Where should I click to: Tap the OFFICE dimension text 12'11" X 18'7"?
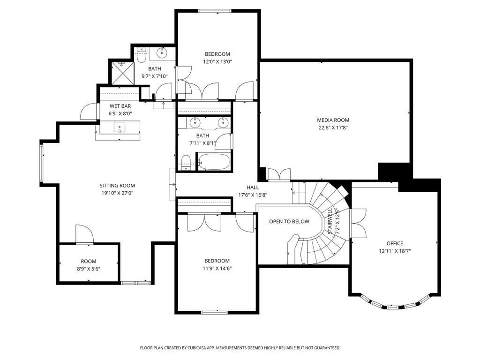[395, 251]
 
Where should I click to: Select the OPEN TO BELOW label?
[289, 221]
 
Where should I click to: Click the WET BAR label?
[120, 106]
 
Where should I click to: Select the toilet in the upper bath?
[141, 55]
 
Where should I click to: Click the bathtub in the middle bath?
[214, 162]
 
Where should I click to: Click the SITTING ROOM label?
[117, 186]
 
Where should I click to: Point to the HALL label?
[253, 187]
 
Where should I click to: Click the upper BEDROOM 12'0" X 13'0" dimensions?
[217, 61]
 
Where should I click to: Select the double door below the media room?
[279, 174]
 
